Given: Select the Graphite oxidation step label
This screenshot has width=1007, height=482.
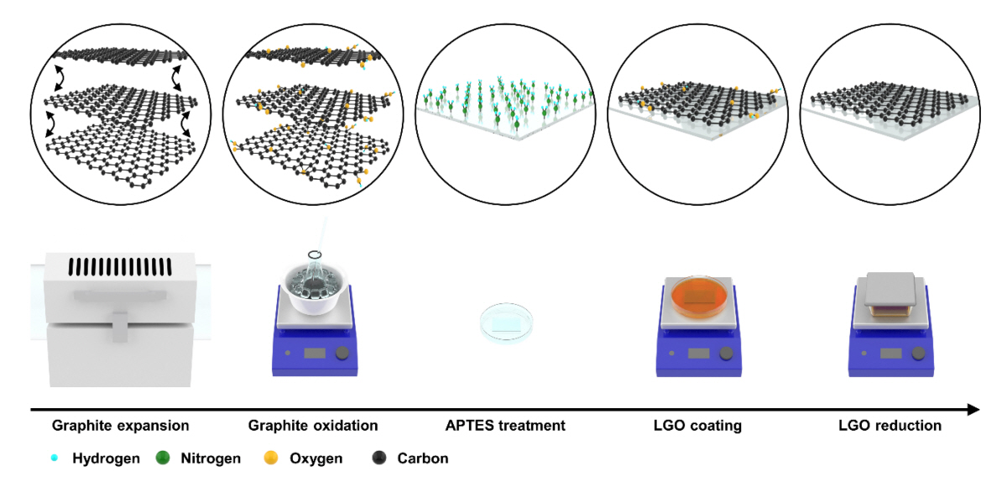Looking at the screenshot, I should (312, 426).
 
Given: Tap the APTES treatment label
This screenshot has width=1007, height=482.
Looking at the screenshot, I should (505, 426).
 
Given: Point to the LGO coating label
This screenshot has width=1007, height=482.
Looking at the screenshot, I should (698, 426).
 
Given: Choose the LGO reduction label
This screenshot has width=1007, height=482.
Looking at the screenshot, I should (890, 426).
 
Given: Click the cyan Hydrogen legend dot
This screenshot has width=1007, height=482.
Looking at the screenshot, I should (55, 458).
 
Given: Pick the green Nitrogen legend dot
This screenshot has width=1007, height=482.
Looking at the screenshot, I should (163, 458).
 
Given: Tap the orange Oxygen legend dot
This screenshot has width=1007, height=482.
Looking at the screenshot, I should (270, 458).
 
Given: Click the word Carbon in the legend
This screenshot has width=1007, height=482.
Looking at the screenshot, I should (422, 458).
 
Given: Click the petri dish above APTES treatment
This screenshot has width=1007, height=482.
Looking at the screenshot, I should (506, 322).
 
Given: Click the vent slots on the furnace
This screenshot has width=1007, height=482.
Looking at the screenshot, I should (120, 267).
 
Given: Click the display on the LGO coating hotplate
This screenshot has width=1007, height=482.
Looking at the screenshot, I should (698, 354).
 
